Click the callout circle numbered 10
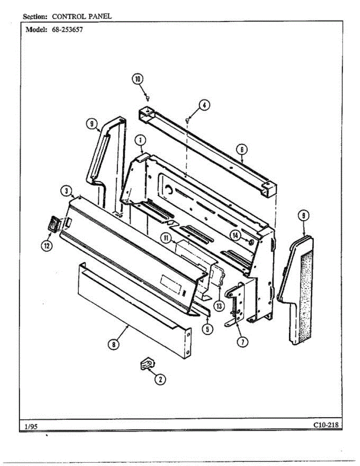pyautogui.click(x=137, y=79)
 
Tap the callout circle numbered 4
pyautogui.click(x=204, y=105)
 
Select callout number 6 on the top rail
pyautogui.click(x=242, y=150)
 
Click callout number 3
pyautogui.click(x=67, y=190)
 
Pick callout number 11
pyautogui.click(x=167, y=238)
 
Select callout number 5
pyautogui.click(x=207, y=329)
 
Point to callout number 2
pyautogui.click(x=159, y=379)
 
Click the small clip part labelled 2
pyautogui.click(x=146, y=364)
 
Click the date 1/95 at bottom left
pyautogui.click(x=31, y=426)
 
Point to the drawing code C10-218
pyautogui.click(x=325, y=425)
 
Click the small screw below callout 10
pyautogui.click(x=148, y=97)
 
